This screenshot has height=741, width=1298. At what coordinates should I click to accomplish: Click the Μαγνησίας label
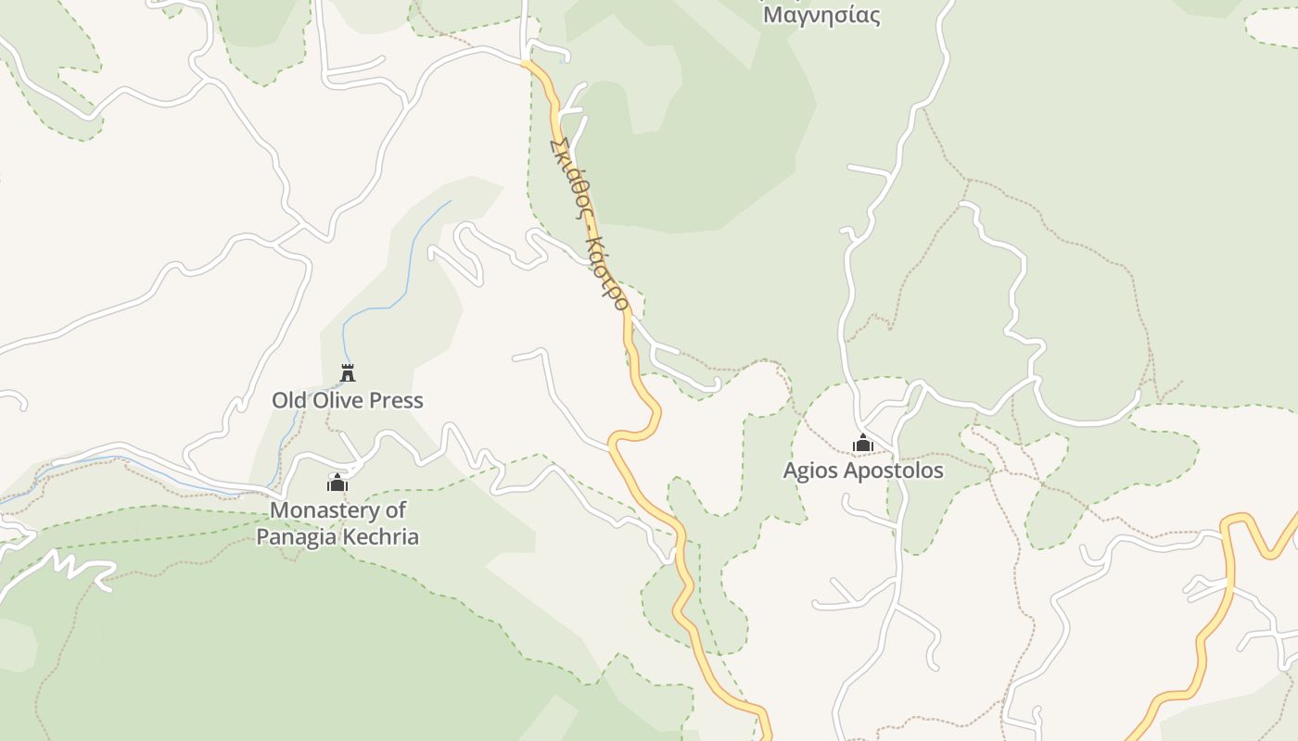[821, 15]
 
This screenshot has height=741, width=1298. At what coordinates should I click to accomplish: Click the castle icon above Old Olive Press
[348, 372]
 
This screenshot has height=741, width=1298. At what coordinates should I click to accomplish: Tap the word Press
[396, 400]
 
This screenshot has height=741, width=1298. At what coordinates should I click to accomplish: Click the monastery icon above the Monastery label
[337, 483]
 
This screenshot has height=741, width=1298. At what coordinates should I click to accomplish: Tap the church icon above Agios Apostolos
[863, 444]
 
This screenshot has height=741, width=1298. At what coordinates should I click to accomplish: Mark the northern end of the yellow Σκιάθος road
[526, 64]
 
